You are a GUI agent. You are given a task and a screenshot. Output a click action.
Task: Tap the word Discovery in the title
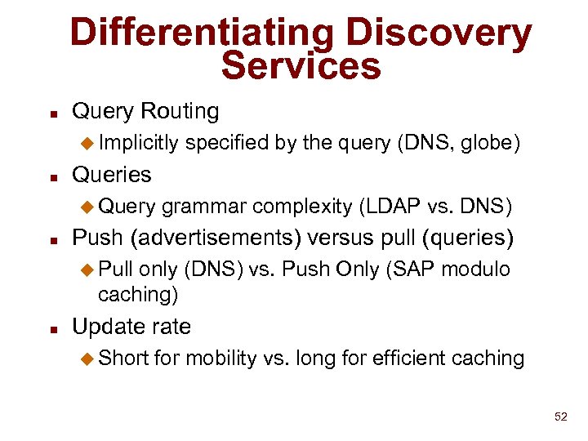(439, 33)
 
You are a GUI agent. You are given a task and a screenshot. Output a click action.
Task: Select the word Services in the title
(301, 66)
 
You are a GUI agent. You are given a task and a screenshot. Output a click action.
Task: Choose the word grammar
(204, 207)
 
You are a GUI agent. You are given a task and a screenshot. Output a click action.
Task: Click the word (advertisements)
(220, 238)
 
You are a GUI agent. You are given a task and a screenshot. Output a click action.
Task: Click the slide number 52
(559, 417)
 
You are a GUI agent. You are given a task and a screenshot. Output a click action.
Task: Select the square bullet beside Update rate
(51, 329)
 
